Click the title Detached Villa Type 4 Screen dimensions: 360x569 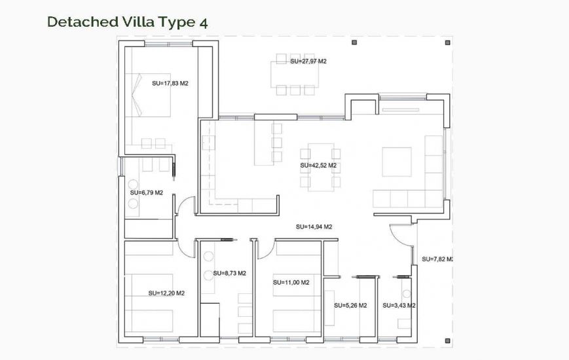[128, 22]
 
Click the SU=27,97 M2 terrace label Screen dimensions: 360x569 [308, 61]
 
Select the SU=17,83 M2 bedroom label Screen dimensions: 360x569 [170, 83]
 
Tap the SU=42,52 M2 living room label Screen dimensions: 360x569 [318, 166]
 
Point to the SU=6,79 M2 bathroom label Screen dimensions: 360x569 [146, 192]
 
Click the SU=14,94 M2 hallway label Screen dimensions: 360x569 [314, 227]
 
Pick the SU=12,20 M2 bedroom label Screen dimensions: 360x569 [166, 293]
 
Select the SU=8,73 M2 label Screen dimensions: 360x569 [229, 273]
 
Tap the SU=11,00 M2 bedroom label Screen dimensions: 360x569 [291, 282]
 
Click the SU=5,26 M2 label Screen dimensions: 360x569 [350, 305]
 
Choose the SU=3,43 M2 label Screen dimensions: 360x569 [399, 305]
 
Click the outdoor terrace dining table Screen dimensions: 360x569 [295, 73]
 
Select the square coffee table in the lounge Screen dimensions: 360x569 [397, 162]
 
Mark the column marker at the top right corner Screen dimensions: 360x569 [448, 42]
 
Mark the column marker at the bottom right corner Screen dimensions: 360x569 [448, 339]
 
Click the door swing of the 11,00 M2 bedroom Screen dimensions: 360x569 [265, 247]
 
